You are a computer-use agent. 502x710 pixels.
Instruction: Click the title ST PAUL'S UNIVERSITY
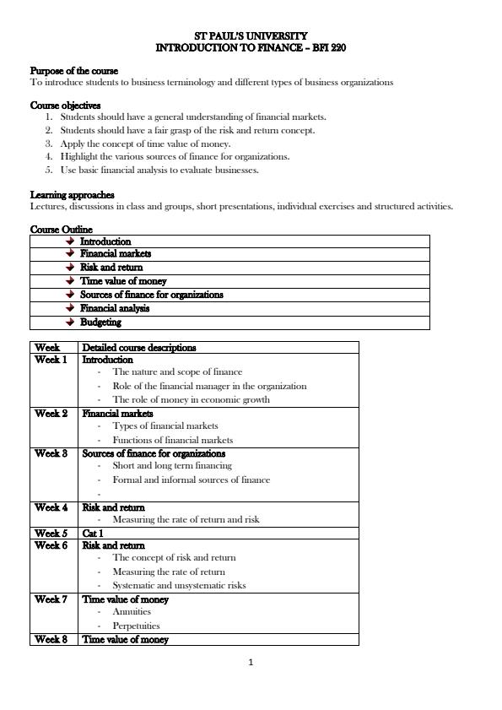[x=251, y=37]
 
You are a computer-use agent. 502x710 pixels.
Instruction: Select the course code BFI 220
[x=328, y=49]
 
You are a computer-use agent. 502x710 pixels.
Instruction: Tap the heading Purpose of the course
[x=74, y=71]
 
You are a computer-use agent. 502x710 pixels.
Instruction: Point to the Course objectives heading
[x=65, y=106]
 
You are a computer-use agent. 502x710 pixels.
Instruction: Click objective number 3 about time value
[x=145, y=144]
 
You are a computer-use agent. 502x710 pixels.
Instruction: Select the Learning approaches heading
[x=72, y=195]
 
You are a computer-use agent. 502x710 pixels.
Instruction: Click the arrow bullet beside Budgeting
[x=70, y=322]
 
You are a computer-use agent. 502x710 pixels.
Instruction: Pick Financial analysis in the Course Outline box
[x=115, y=308]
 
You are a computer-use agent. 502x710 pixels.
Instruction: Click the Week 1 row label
[x=51, y=360]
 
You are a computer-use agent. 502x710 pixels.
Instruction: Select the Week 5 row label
[x=51, y=534]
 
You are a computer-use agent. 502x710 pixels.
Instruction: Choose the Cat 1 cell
[x=93, y=534]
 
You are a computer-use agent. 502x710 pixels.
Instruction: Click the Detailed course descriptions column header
[x=139, y=347]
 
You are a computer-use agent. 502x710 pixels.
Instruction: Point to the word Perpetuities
[x=136, y=626]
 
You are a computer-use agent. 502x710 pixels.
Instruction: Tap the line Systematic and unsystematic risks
[x=179, y=585]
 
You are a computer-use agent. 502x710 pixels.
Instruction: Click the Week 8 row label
[x=51, y=639]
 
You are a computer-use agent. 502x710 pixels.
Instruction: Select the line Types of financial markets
[x=165, y=425]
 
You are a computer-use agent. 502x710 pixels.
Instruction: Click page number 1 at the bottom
[x=251, y=662]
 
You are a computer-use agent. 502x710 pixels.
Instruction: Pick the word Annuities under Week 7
[x=132, y=612]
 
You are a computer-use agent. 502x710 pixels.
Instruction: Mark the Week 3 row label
[x=51, y=453]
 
